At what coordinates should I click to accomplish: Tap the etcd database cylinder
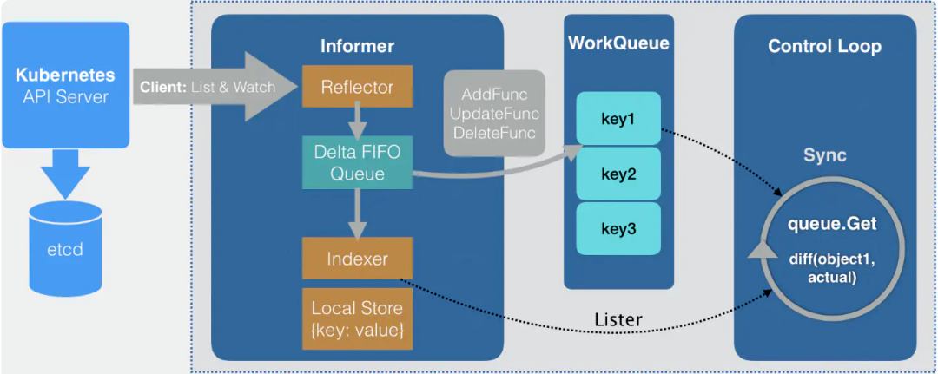[64, 245]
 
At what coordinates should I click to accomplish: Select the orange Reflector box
[357, 87]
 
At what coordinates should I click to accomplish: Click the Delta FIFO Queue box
[357, 162]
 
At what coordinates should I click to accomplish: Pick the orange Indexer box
[357, 259]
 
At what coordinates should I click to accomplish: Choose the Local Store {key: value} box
[357, 319]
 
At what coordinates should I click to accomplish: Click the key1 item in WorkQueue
[618, 117]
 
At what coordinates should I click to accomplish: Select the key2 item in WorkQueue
[618, 174]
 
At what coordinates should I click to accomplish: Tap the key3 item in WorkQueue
[618, 229]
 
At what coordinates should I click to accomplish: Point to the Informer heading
[357, 46]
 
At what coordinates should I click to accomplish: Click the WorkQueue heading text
[618, 43]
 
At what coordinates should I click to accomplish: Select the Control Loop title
[824, 47]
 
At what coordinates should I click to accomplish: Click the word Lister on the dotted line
[618, 319]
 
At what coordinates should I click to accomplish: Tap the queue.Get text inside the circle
[832, 225]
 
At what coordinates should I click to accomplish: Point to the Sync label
[824, 155]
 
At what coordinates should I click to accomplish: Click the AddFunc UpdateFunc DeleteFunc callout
[496, 114]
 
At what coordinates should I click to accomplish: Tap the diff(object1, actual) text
[832, 270]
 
